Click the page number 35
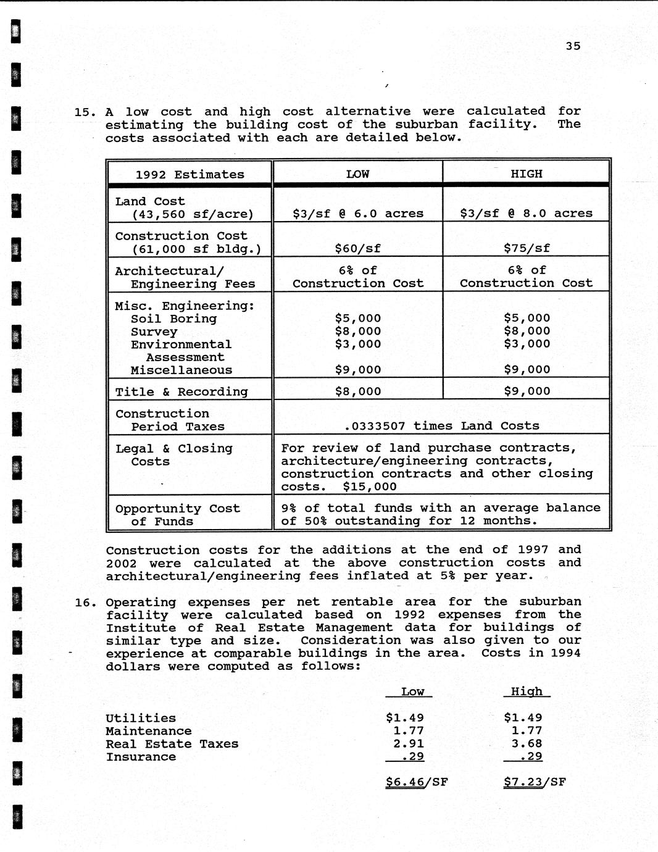click(573, 46)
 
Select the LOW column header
click(357, 174)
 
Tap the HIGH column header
click(526, 174)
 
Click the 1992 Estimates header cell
click(189, 175)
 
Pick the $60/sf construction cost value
click(357, 248)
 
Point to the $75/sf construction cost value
click(527, 248)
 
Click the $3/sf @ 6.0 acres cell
click(357, 214)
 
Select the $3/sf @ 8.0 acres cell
click(526, 214)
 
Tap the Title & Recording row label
click(181, 392)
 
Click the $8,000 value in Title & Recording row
click(357, 391)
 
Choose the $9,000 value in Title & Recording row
click(527, 391)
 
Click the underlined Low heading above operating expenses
click(412, 692)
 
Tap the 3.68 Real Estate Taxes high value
click(527, 744)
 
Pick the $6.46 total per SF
click(405, 782)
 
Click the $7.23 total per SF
click(523, 782)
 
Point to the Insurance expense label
click(141, 757)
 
